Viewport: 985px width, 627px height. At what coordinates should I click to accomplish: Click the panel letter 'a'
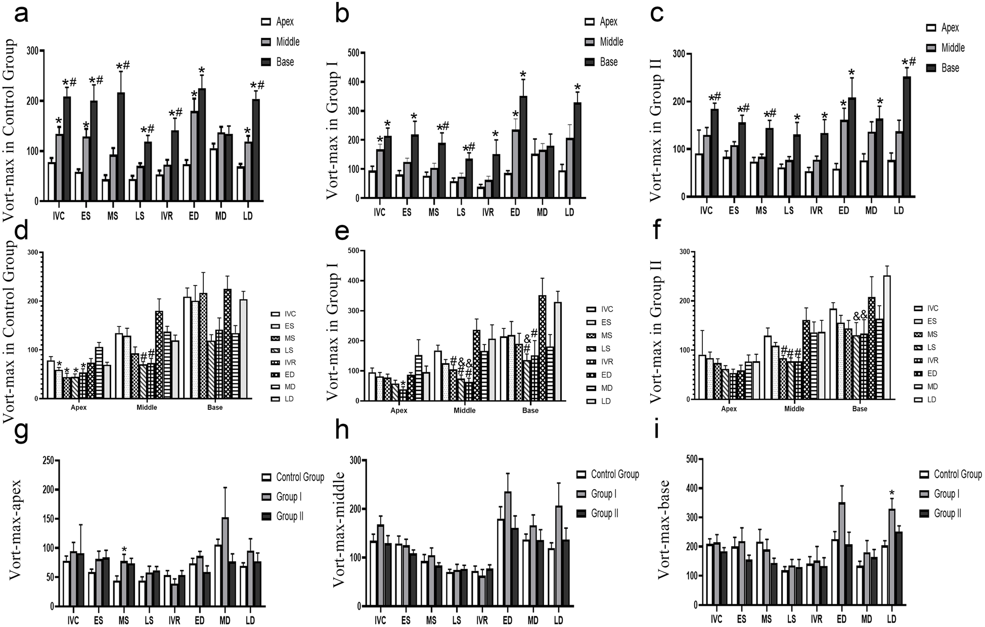tap(21, 15)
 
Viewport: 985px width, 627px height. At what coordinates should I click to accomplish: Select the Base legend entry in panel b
tap(601, 62)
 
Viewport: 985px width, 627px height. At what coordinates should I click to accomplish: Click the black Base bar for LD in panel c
tap(907, 136)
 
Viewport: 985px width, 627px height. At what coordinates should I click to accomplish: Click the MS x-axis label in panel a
tap(112, 216)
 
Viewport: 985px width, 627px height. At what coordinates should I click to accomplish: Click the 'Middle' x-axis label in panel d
tap(147, 407)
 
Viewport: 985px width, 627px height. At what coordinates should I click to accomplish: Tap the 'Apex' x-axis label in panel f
tap(729, 409)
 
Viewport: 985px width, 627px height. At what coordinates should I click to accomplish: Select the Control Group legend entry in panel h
tap(607, 474)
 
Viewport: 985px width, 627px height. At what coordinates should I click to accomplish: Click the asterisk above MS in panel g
tap(124, 550)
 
